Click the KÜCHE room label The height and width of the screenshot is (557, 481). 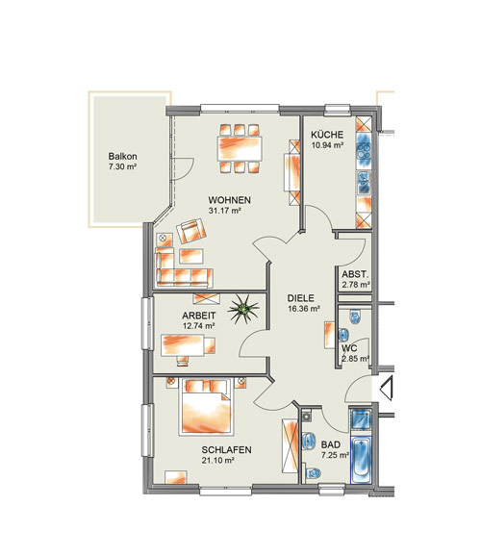(x=327, y=135)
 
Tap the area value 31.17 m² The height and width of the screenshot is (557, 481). (x=225, y=211)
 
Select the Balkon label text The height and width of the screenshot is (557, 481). (x=122, y=156)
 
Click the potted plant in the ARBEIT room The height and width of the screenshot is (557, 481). (x=243, y=310)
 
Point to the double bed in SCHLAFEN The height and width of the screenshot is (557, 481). (x=206, y=407)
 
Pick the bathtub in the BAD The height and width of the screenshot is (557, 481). (x=362, y=460)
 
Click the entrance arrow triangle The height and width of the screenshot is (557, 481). (x=387, y=388)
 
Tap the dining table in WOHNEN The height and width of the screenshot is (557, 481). (x=240, y=148)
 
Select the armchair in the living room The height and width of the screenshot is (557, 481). (x=191, y=231)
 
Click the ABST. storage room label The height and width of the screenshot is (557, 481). (x=355, y=274)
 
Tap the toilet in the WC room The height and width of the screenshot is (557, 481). (x=355, y=316)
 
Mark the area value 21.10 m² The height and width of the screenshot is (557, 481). (x=217, y=461)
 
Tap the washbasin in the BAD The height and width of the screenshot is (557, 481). (x=309, y=441)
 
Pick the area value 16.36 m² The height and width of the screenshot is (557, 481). (x=304, y=309)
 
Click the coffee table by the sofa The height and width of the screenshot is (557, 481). (x=191, y=256)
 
